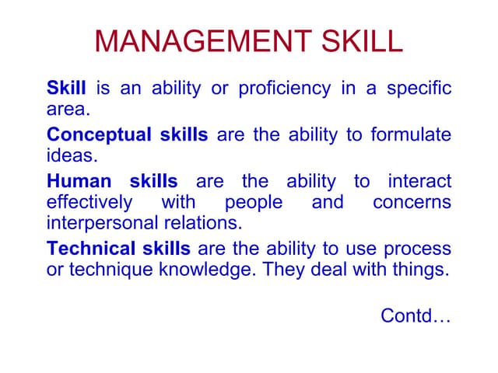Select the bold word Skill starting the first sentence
coord(66,88)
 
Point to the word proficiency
coord(284,88)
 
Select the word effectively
coord(89,203)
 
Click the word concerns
coord(412,203)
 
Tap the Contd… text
coord(416,316)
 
